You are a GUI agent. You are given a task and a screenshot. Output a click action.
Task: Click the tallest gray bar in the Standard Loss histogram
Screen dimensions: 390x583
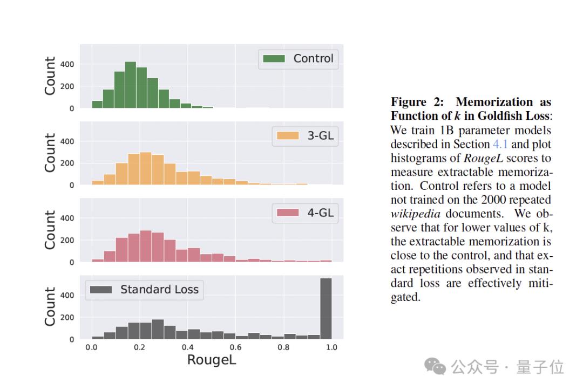click(326, 309)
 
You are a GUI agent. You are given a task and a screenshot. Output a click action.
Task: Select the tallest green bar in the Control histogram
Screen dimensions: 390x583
click(130, 85)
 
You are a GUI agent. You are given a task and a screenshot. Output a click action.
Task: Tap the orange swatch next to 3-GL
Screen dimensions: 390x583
click(288, 136)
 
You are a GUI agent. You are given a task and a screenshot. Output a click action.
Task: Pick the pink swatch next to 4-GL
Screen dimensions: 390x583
click(288, 213)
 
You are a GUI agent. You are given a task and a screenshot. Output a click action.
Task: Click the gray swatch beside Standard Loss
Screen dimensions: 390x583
click(101, 290)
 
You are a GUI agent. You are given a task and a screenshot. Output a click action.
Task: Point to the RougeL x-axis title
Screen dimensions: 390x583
click(212, 360)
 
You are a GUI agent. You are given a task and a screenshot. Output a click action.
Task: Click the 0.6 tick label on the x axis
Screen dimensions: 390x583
click(235, 347)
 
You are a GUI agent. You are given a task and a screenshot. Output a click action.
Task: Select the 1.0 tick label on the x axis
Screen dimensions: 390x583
click(331, 347)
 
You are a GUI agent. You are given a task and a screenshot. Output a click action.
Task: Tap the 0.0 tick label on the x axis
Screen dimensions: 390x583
click(91, 347)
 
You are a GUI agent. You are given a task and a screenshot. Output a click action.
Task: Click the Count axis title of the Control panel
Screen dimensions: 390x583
click(50, 76)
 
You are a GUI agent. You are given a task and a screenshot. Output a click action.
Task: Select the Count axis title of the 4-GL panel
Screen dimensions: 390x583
click(50, 230)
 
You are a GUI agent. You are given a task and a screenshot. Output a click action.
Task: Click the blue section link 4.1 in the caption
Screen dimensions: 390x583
click(500, 145)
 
